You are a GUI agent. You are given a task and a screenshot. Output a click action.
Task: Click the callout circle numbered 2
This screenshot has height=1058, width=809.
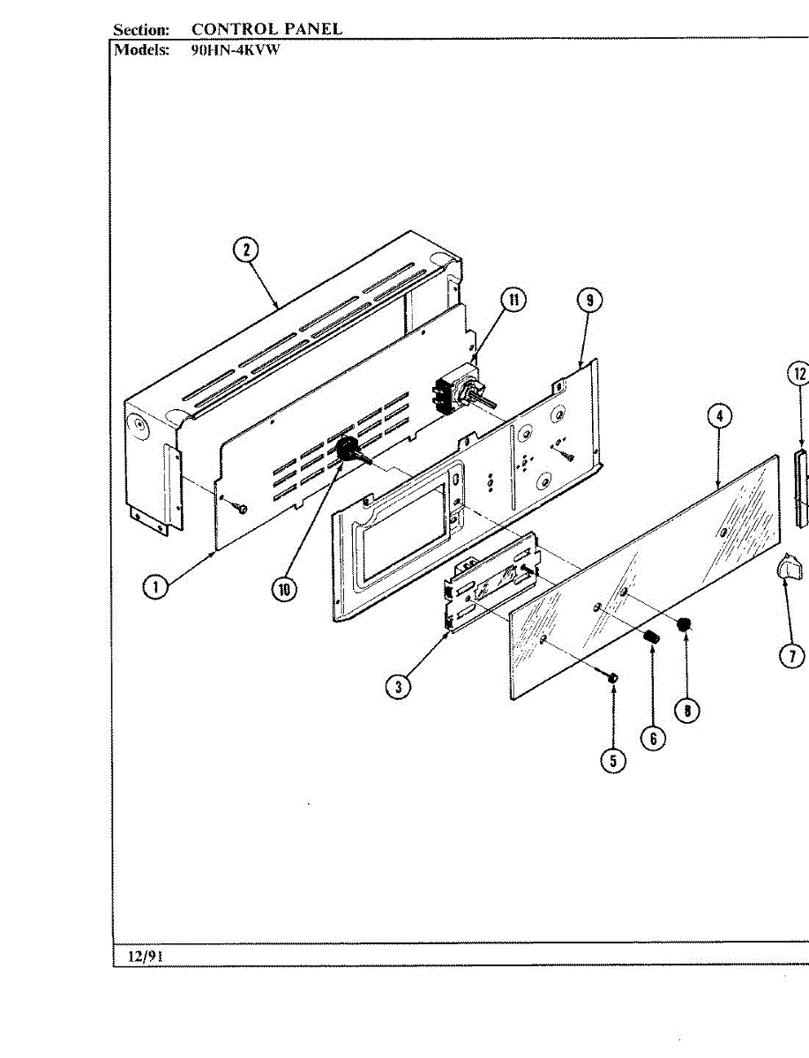[245, 250]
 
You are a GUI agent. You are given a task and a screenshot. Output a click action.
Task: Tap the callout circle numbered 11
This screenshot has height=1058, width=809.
[513, 300]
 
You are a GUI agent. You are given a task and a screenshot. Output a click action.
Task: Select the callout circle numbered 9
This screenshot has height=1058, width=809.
[589, 301]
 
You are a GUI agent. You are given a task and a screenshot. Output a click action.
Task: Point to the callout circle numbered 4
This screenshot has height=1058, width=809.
[720, 417]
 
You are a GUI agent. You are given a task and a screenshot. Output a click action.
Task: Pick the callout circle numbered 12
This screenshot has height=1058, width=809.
[798, 374]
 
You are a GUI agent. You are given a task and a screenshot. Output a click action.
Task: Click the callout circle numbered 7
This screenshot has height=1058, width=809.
[791, 655]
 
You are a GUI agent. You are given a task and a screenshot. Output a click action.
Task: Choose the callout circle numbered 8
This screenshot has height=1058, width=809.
[686, 709]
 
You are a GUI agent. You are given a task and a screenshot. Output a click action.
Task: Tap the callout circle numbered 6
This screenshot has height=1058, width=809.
[652, 737]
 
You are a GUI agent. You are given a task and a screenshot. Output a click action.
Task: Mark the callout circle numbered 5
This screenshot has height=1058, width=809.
[613, 760]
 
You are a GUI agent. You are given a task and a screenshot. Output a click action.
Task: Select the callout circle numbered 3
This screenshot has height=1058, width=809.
[401, 687]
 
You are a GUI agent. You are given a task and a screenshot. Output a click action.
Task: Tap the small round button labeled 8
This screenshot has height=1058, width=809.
[683, 625]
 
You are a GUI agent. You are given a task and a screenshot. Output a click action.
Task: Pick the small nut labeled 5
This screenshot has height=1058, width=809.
[612, 677]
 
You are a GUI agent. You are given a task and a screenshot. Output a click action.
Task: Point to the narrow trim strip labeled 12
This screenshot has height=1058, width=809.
[802, 488]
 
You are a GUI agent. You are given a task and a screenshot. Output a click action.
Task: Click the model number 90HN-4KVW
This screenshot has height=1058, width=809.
[235, 50]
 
